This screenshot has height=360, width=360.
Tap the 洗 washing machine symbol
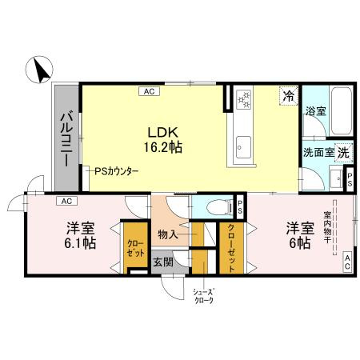342,151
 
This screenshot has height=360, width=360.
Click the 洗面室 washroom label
318,152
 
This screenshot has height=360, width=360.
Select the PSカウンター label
117,171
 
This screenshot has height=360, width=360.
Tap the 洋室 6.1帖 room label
80,234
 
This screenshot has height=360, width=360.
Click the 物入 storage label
168,235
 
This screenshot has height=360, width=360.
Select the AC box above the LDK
149,91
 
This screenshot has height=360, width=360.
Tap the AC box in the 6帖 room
348,259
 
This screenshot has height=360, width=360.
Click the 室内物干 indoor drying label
328,231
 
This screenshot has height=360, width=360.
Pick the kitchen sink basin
243,146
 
